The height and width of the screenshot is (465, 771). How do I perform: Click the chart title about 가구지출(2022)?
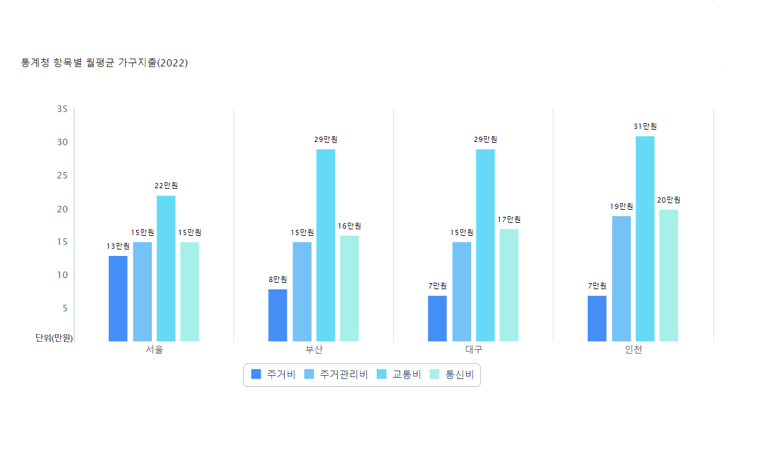coord(104,63)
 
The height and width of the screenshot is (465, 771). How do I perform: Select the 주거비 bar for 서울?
coord(118,298)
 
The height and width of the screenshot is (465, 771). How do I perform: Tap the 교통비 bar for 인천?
coord(645,238)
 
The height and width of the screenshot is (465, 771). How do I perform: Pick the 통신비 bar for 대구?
coord(509,285)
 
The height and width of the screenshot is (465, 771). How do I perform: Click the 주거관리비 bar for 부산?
coord(302,291)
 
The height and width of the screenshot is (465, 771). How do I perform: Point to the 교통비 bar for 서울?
coord(166,268)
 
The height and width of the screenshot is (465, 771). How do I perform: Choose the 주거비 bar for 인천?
coord(597,318)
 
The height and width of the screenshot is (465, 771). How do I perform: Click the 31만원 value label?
coord(645,126)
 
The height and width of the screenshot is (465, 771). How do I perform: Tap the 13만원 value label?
coord(118,246)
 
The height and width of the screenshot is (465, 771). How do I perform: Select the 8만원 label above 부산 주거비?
coord(278,279)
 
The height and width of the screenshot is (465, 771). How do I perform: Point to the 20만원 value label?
coord(669,200)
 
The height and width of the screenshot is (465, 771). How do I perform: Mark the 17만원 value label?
coord(509,219)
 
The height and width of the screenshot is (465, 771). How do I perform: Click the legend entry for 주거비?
coord(273,374)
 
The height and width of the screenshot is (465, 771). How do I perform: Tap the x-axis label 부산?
coord(313,350)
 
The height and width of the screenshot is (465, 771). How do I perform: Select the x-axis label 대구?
coord(473,350)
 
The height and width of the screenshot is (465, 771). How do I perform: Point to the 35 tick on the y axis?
coord(62,109)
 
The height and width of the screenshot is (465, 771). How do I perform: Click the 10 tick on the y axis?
coord(62,275)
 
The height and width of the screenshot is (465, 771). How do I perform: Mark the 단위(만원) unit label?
coord(53,337)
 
